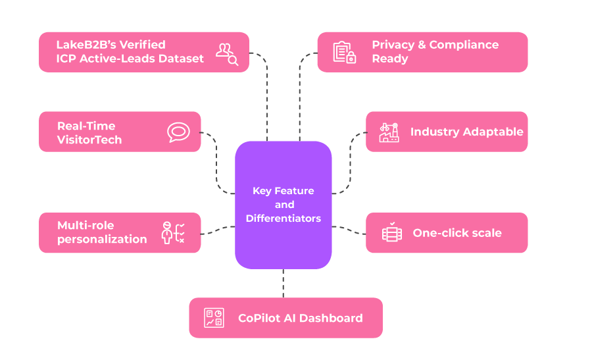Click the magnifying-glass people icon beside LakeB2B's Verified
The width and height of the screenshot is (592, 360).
pos(227,55)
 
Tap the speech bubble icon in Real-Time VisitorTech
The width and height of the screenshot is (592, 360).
pos(178,132)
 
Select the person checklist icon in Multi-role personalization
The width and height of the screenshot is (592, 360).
pos(173,233)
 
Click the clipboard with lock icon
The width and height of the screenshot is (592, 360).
pos(344,52)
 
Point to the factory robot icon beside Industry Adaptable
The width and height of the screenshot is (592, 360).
pos(389,132)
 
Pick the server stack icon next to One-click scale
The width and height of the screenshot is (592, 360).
pos(392,232)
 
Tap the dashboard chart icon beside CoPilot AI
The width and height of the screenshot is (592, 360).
pos(214,318)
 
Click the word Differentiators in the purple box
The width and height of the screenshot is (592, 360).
pos(283,219)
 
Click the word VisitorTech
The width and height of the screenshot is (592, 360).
pos(89,140)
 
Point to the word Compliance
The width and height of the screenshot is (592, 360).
pos(464,45)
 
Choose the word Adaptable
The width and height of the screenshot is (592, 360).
pos(493,132)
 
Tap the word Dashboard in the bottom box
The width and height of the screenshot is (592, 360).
pos(331,318)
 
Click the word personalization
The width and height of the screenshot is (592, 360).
pos(102,240)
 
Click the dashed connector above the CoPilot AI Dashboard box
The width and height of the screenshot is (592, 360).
pos(283,283)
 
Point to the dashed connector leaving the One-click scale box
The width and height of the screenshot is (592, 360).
pos(349,230)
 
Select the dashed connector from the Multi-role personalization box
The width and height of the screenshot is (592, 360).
pos(218,230)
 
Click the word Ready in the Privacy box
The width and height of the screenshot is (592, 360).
pos(390,59)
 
